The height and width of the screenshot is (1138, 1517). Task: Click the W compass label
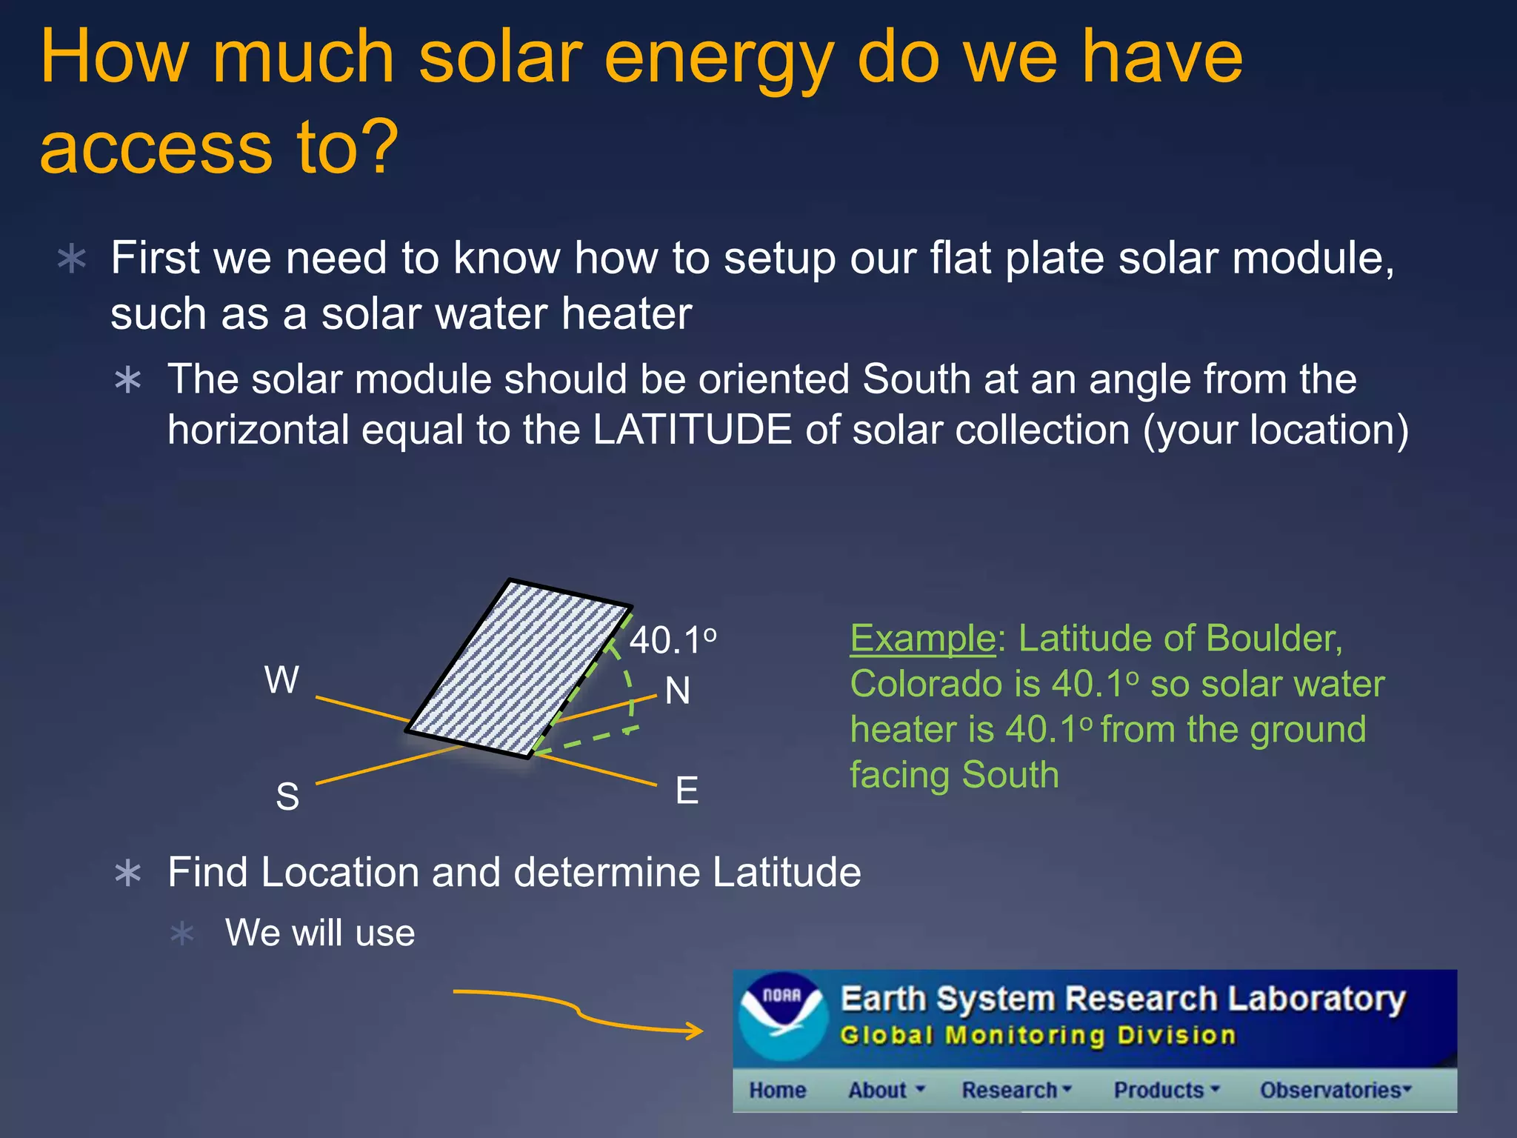click(281, 679)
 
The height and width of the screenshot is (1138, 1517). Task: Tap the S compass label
click(287, 797)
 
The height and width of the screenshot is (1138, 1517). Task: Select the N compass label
click(677, 691)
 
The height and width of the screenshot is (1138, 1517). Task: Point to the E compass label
click(687, 791)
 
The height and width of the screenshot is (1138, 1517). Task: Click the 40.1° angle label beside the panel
click(672, 640)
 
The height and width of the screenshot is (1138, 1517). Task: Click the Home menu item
click(777, 1090)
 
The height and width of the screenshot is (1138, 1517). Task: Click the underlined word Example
click(922, 638)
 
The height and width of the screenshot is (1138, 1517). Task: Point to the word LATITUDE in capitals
click(692, 430)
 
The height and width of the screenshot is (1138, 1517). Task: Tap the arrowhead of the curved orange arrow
click(696, 1031)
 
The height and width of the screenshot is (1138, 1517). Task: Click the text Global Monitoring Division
click(1038, 1035)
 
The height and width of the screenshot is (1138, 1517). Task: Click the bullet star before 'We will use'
click(182, 933)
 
